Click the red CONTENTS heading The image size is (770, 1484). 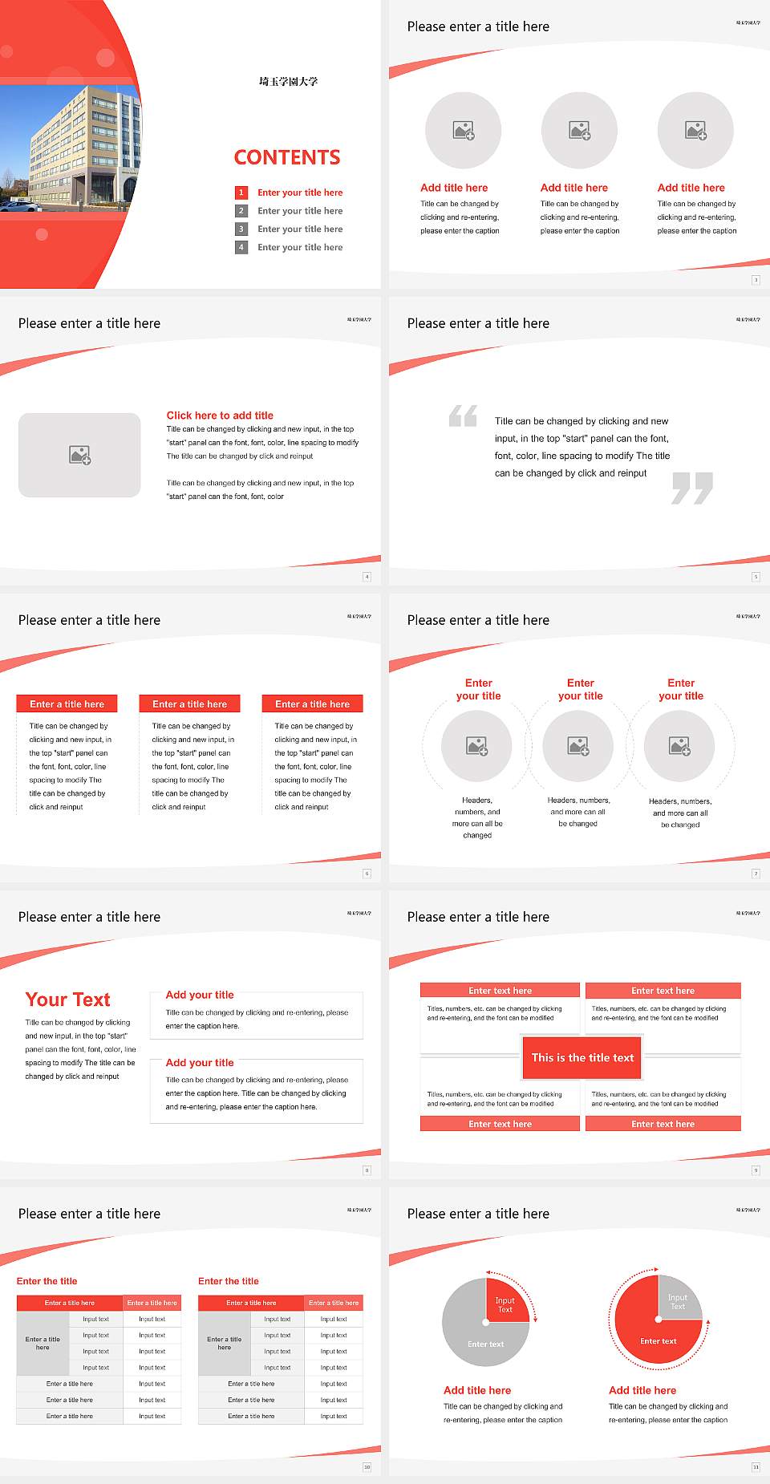click(x=287, y=157)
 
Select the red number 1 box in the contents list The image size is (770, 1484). click(x=241, y=193)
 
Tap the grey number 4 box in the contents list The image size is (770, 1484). click(x=241, y=247)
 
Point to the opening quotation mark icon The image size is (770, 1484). click(x=463, y=416)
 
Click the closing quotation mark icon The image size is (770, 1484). click(x=692, y=488)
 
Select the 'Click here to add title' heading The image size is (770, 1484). click(x=220, y=416)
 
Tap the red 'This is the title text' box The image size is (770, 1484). click(x=582, y=1057)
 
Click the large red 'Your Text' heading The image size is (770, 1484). click(x=68, y=999)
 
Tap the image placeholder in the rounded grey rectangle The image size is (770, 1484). click(x=79, y=455)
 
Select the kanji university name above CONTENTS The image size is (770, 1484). click(x=288, y=81)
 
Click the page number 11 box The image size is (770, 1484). click(x=756, y=1467)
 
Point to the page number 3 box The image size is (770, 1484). click(x=756, y=280)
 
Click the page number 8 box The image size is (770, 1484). click(x=367, y=1170)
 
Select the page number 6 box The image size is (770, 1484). click(x=367, y=874)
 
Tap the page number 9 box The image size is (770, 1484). click(x=756, y=1170)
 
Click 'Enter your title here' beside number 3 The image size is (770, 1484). click(x=300, y=229)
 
